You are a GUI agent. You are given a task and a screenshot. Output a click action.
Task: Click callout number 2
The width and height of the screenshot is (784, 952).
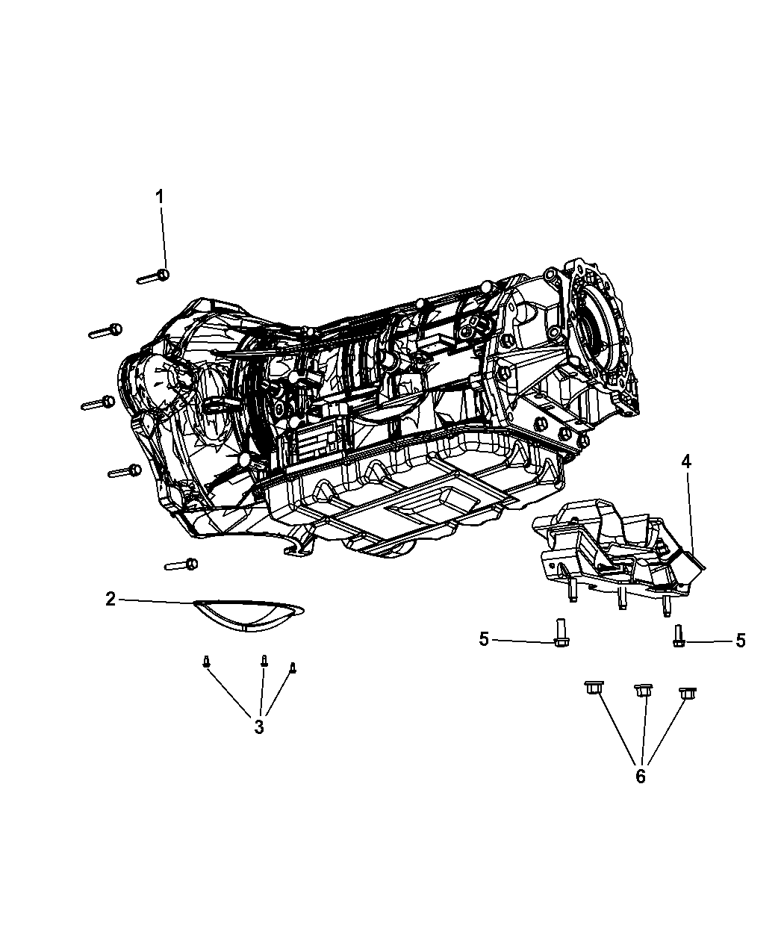click(x=111, y=599)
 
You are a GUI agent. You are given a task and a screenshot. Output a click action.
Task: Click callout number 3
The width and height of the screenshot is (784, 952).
click(x=258, y=727)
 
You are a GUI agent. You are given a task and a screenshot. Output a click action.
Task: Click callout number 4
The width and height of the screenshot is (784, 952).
click(x=685, y=461)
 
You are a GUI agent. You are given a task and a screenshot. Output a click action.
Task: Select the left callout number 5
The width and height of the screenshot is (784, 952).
click(x=484, y=639)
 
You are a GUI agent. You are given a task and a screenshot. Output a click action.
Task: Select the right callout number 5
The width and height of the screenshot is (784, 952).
click(x=740, y=640)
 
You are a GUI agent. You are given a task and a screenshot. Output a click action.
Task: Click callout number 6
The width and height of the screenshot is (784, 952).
click(x=640, y=776)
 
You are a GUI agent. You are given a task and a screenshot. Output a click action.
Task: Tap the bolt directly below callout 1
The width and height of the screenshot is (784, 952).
click(x=154, y=277)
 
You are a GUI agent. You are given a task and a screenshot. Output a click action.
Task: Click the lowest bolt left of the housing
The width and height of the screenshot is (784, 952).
click(x=181, y=564)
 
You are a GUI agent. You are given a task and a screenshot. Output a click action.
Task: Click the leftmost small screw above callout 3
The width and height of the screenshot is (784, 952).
click(x=205, y=662)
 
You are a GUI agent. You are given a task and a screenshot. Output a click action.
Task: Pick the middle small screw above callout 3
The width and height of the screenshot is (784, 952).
click(x=264, y=661)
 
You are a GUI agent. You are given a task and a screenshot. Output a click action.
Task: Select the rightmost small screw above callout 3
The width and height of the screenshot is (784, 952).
click(x=293, y=668)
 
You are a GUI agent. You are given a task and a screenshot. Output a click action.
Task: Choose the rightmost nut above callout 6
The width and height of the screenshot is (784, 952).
click(x=687, y=692)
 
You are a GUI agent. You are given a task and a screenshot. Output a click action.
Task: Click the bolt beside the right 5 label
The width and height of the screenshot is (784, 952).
click(x=677, y=636)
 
